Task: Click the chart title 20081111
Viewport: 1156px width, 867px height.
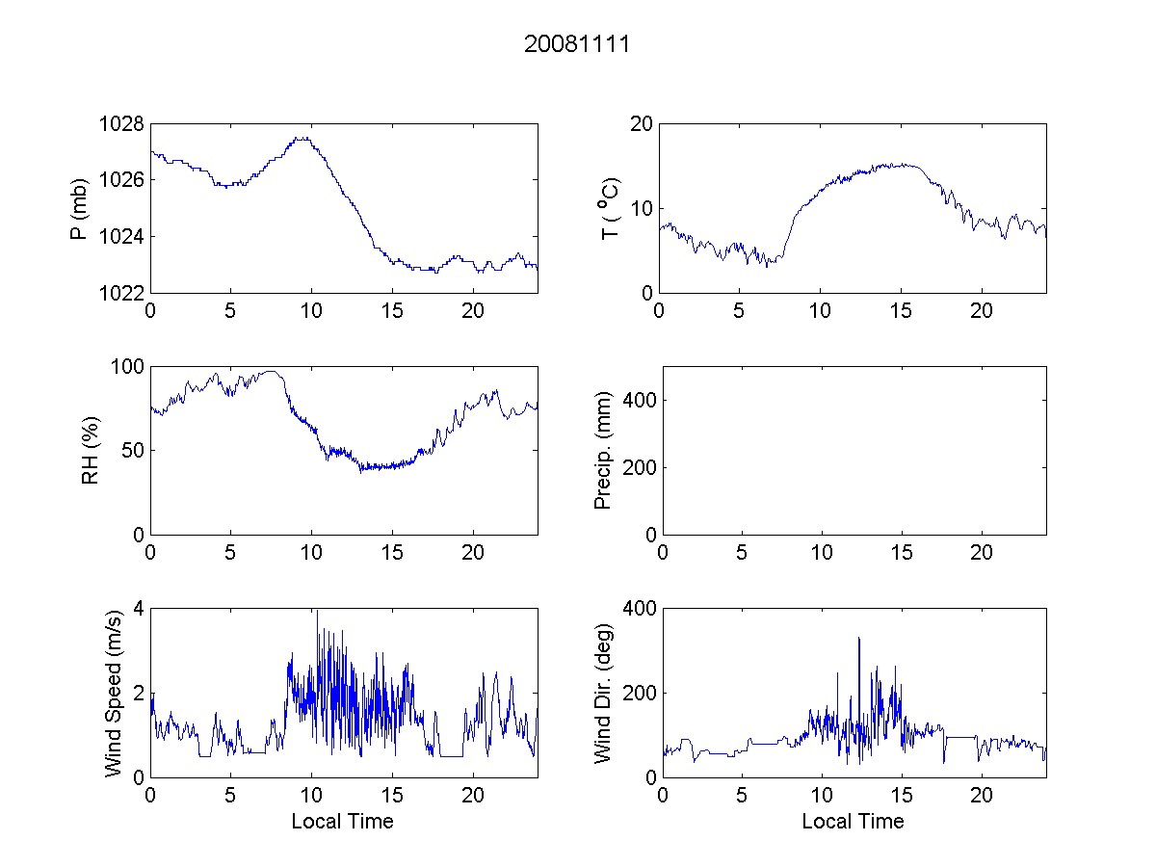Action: (x=576, y=44)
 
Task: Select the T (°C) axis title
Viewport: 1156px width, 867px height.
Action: (x=610, y=208)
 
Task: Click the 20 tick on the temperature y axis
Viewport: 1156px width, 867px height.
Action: (x=642, y=124)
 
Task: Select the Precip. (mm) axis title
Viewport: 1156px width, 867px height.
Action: (x=604, y=450)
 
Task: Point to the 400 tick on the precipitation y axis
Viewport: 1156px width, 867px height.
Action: (x=641, y=400)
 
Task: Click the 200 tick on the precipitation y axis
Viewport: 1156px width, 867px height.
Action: (x=641, y=467)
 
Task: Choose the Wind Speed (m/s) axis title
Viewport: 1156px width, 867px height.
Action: (x=113, y=693)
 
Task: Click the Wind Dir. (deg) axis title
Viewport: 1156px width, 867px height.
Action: (x=603, y=693)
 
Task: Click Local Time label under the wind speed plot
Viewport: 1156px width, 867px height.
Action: (x=342, y=821)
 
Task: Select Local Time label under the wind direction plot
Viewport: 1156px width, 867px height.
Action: (x=853, y=821)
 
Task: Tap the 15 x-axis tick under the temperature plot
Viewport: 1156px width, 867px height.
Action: (x=901, y=311)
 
